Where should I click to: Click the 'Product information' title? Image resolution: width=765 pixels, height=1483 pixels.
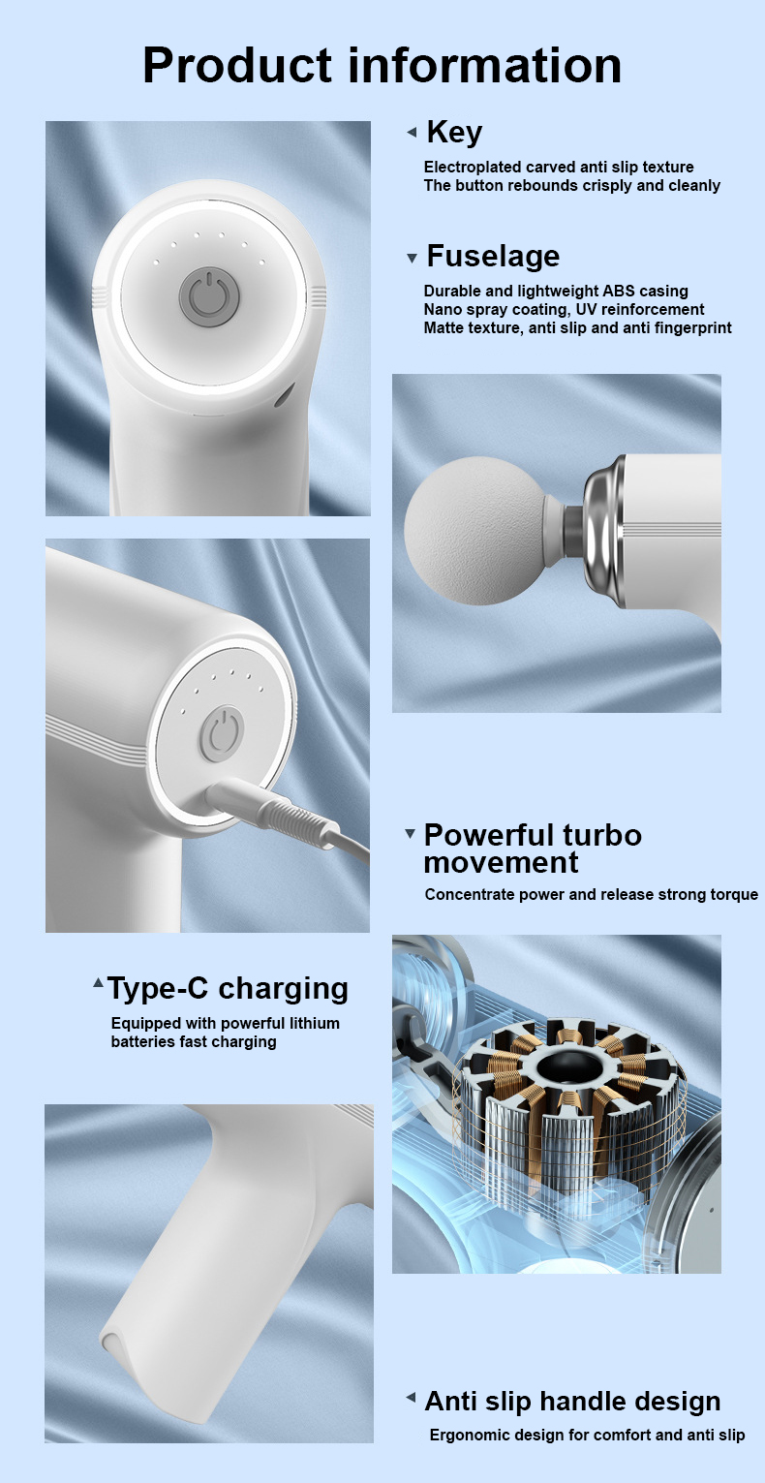(x=382, y=66)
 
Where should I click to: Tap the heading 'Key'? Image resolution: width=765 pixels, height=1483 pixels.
(x=453, y=132)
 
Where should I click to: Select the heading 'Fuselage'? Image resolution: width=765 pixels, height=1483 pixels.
(x=493, y=256)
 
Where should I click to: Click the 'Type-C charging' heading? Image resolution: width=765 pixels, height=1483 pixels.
(x=228, y=988)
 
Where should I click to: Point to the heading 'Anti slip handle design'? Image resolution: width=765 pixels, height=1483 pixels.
(x=572, y=1401)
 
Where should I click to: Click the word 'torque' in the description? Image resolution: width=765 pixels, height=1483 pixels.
(x=735, y=894)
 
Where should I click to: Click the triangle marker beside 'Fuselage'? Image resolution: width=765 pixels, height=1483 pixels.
(x=412, y=258)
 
